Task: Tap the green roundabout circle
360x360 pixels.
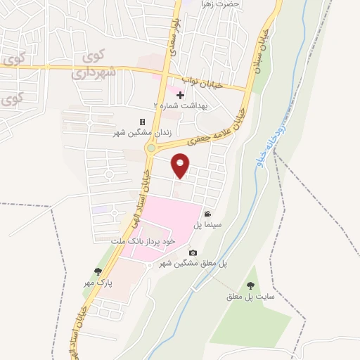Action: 151,148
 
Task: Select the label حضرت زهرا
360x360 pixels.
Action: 219,4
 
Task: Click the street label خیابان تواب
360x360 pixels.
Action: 202,84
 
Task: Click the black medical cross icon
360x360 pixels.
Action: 180,95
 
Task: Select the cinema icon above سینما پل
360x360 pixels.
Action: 207,214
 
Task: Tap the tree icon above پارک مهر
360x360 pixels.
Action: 98,272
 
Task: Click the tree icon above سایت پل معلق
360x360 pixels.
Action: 250,285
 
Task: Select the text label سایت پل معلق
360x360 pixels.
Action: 250,296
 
